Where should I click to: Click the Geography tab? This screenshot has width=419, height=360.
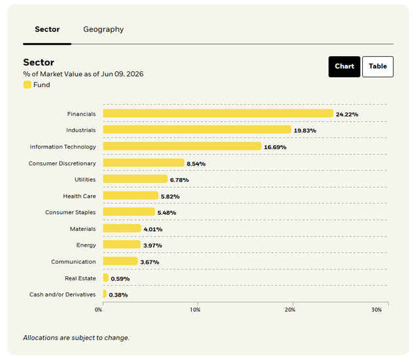(x=103, y=29)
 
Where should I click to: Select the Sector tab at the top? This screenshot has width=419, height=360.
(x=47, y=29)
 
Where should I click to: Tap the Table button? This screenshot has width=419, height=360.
(x=378, y=67)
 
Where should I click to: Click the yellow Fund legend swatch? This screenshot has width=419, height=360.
(x=27, y=84)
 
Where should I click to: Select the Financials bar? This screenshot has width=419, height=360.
(x=218, y=113)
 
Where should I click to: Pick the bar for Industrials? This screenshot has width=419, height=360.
(x=197, y=130)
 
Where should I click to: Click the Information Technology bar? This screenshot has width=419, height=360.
(x=182, y=146)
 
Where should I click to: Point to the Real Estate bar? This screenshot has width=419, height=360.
(x=106, y=278)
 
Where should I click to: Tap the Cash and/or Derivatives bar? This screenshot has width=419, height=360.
(x=105, y=294)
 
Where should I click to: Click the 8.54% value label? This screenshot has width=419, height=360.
(x=196, y=164)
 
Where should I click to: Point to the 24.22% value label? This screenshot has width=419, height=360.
(x=347, y=115)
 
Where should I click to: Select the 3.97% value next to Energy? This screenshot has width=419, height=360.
(x=153, y=245)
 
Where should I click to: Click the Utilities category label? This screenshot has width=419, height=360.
(x=85, y=179)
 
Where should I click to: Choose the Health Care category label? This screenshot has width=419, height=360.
(x=79, y=196)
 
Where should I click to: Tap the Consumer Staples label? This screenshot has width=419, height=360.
(x=70, y=212)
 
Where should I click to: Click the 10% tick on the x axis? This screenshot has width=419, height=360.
(x=195, y=310)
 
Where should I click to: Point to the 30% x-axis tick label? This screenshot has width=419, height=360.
(x=376, y=310)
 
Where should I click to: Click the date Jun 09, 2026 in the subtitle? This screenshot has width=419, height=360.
(x=122, y=74)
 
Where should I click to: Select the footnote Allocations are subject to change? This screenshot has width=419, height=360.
(x=76, y=338)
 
